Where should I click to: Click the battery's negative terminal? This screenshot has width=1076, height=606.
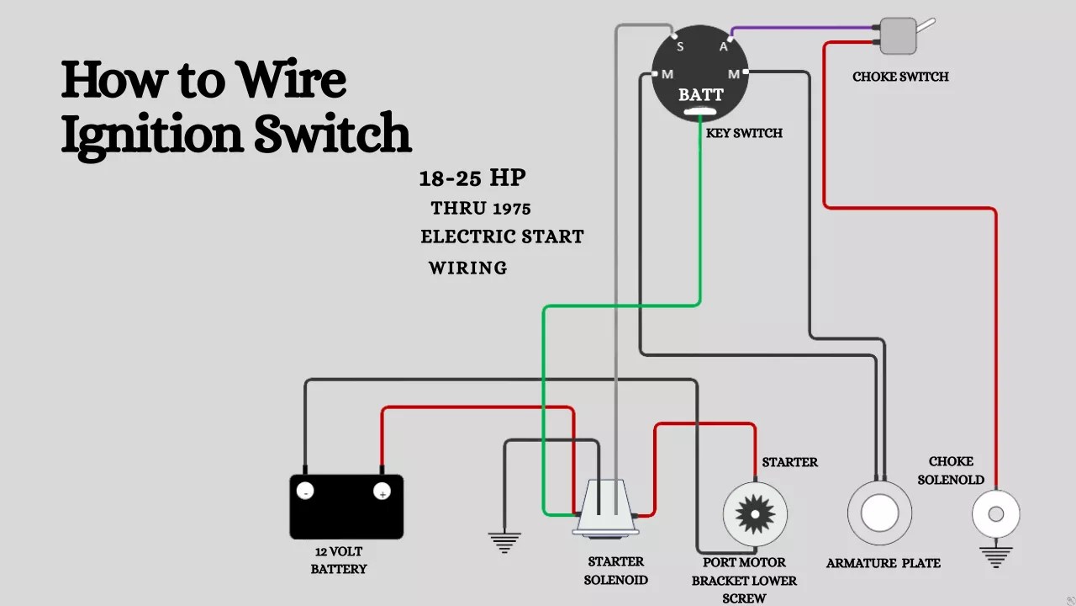305,491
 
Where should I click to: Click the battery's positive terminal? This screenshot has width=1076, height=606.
382,492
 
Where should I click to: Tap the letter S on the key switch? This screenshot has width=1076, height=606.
680,46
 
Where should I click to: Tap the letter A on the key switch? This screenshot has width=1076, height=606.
723,46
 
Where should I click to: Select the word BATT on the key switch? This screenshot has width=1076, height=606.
701,95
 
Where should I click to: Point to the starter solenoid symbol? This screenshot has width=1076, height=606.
605,508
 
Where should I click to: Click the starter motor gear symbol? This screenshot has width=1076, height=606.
755,514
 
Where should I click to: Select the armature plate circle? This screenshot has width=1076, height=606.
879,513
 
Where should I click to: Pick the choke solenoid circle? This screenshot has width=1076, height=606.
996,513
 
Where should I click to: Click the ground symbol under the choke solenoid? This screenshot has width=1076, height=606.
996,557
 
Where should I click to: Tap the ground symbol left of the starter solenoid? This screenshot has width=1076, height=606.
504,543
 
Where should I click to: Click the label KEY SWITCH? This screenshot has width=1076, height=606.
744,133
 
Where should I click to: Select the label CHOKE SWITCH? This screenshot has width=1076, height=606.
900,77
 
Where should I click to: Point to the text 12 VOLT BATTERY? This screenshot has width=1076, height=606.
339,561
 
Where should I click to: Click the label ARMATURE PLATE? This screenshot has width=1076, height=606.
883,563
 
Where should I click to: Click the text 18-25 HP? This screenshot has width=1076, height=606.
472,178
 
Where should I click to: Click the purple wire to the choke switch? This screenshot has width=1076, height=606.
803,29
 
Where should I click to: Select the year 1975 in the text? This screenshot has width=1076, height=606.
512,209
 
